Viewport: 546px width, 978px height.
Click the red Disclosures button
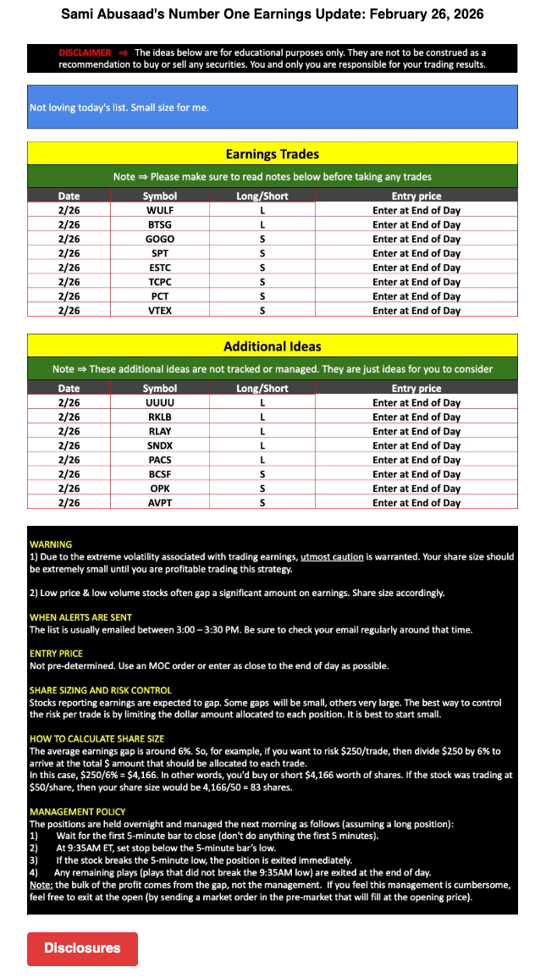[82, 948]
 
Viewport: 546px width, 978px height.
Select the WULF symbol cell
[160, 210]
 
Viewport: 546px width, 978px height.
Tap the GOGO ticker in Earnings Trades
[160, 239]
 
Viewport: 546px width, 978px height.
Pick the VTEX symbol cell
[160, 311]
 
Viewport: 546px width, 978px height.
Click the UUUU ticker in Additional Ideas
[160, 403]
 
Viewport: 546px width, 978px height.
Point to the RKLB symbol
[160, 417]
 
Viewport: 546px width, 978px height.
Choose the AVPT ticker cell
[160, 503]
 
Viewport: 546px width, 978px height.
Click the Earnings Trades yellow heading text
[272, 154]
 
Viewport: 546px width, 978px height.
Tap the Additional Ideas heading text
[272, 346]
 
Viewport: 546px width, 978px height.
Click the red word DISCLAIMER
[85, 52]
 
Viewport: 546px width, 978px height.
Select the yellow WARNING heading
[51, 544]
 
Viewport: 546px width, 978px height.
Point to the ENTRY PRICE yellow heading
[56, 654]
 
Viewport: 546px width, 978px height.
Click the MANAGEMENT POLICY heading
[77, 812]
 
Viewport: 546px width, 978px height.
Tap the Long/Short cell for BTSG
[262, 224]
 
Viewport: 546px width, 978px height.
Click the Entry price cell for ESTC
[416, 268]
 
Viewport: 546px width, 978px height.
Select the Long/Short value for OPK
[262, 489]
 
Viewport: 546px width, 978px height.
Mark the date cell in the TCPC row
[69, 282]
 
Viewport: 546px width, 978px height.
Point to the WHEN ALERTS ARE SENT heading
[80, 617]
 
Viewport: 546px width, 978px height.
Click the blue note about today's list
[119, 108]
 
